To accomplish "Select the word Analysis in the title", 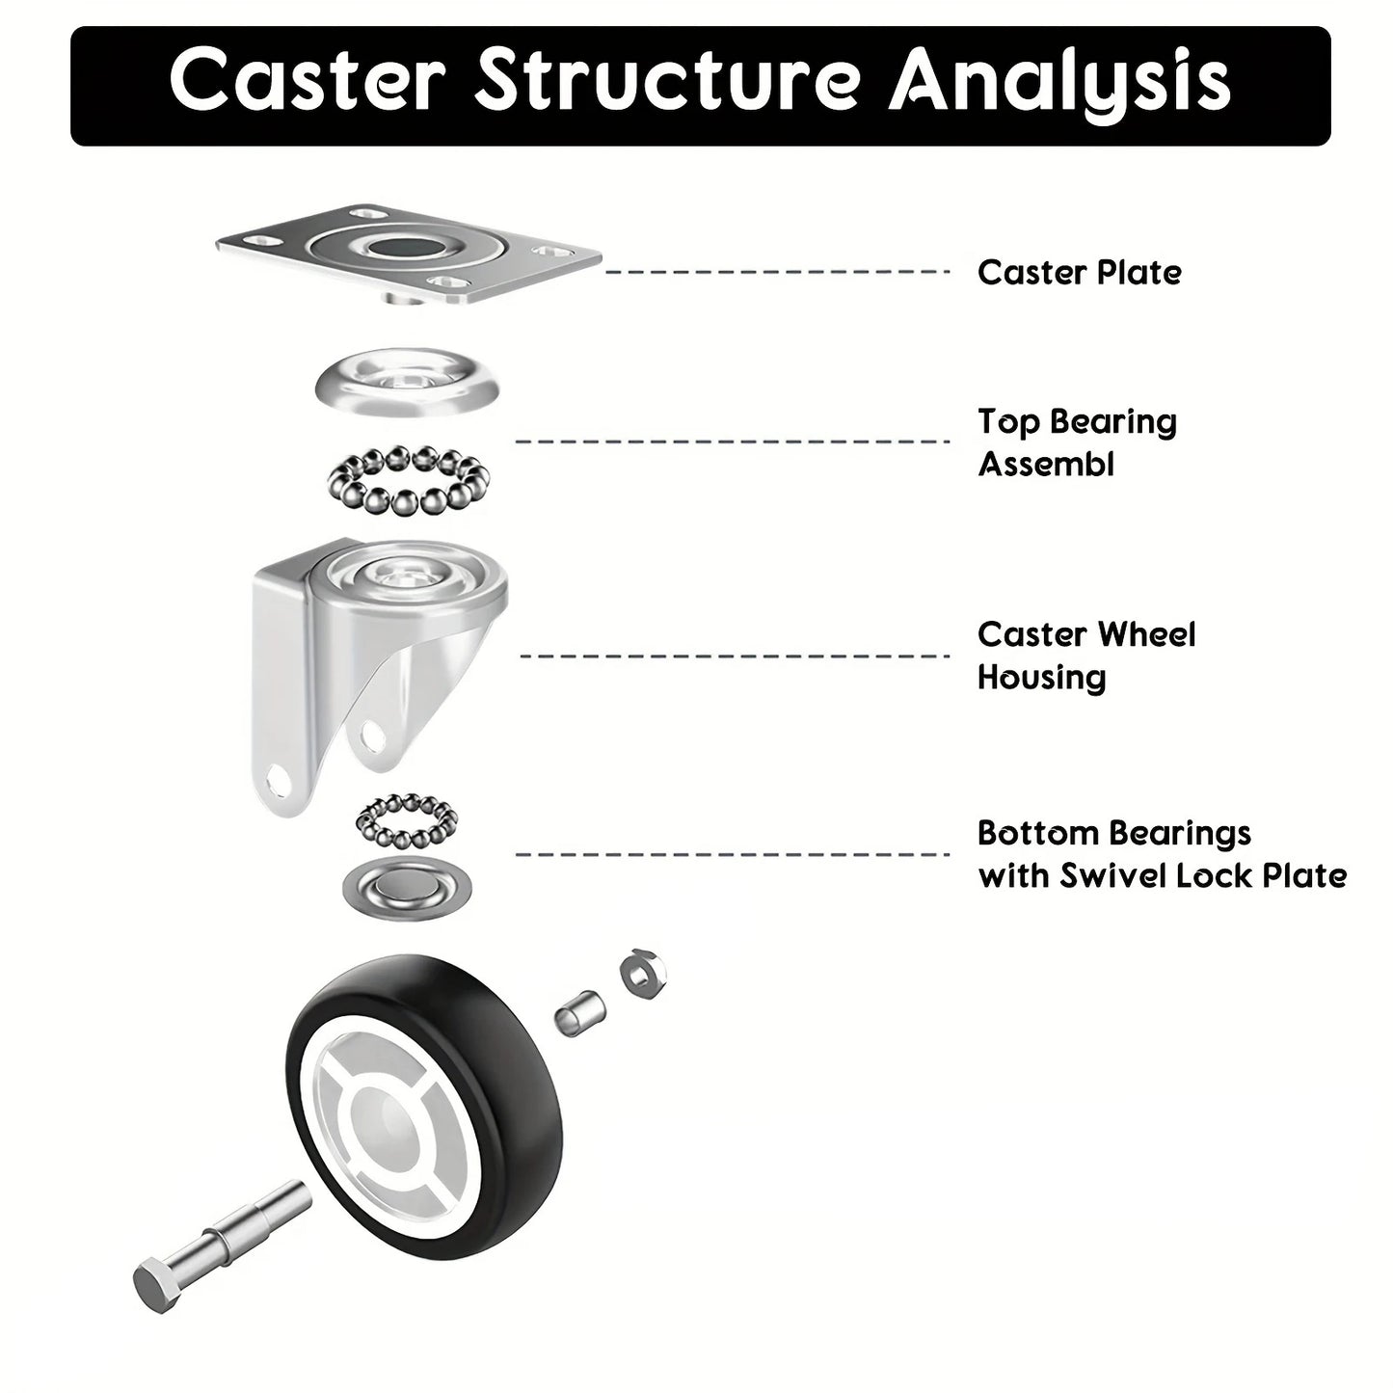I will (1060, 82).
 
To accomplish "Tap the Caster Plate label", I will (1079, 273).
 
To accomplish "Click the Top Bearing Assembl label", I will (1077, 442).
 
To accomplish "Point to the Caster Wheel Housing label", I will (1085, 656).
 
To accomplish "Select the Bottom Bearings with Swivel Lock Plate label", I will (1161, 854).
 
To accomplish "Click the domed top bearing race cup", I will (407, 383).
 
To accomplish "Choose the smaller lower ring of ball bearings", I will (407, 819).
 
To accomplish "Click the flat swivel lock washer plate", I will (407, 883).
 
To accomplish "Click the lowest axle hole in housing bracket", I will (280, 780).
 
